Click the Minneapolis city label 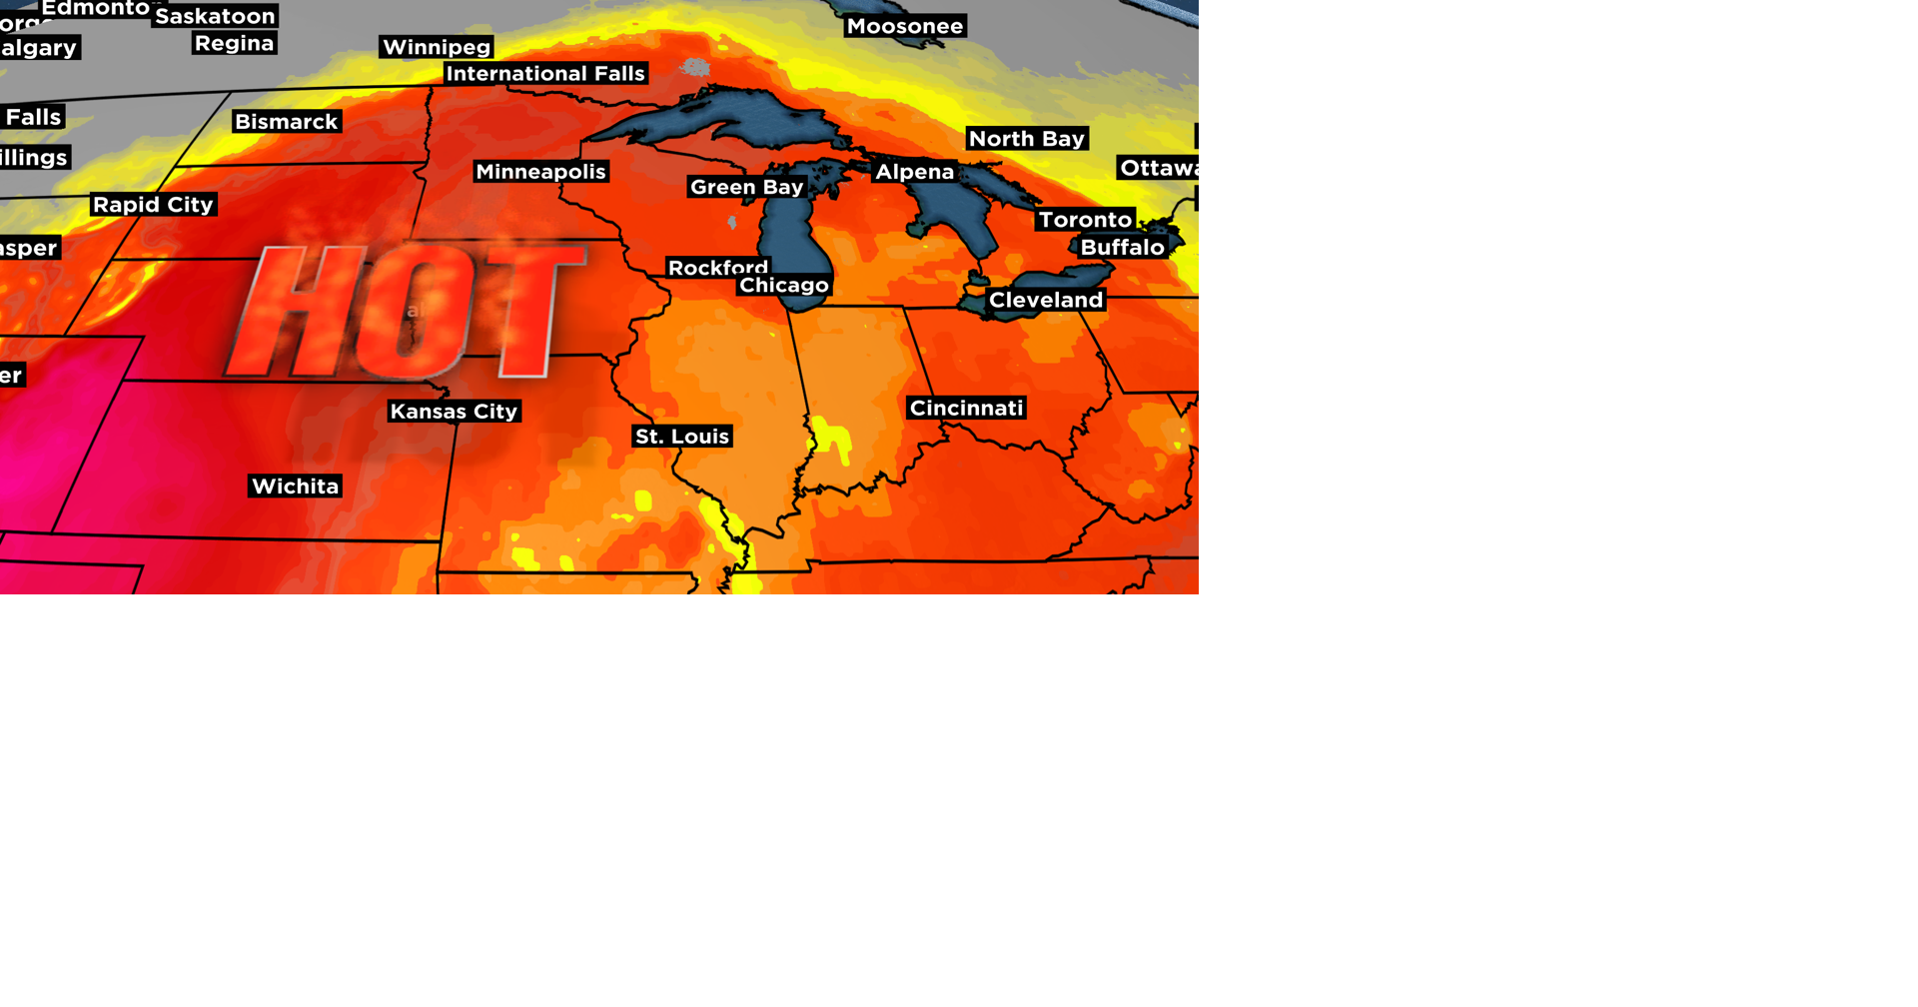coord(540,172)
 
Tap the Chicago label coord(784,286)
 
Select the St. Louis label coord(682,437)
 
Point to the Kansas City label coord(454,412)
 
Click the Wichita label coord(295,487)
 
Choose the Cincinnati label coord(966,408)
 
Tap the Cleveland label coord(1046,300)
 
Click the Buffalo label coord(1122,247)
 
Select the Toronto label coord(1085,220)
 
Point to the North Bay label coord(1026,139)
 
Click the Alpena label coord(914,172)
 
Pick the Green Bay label coord(746,187)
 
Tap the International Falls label coord(545,74)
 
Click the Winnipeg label coord(437,47)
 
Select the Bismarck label coord(286,122)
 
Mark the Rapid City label coord(153,205)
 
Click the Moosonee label coord(905,26)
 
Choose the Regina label coord(234,43)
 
